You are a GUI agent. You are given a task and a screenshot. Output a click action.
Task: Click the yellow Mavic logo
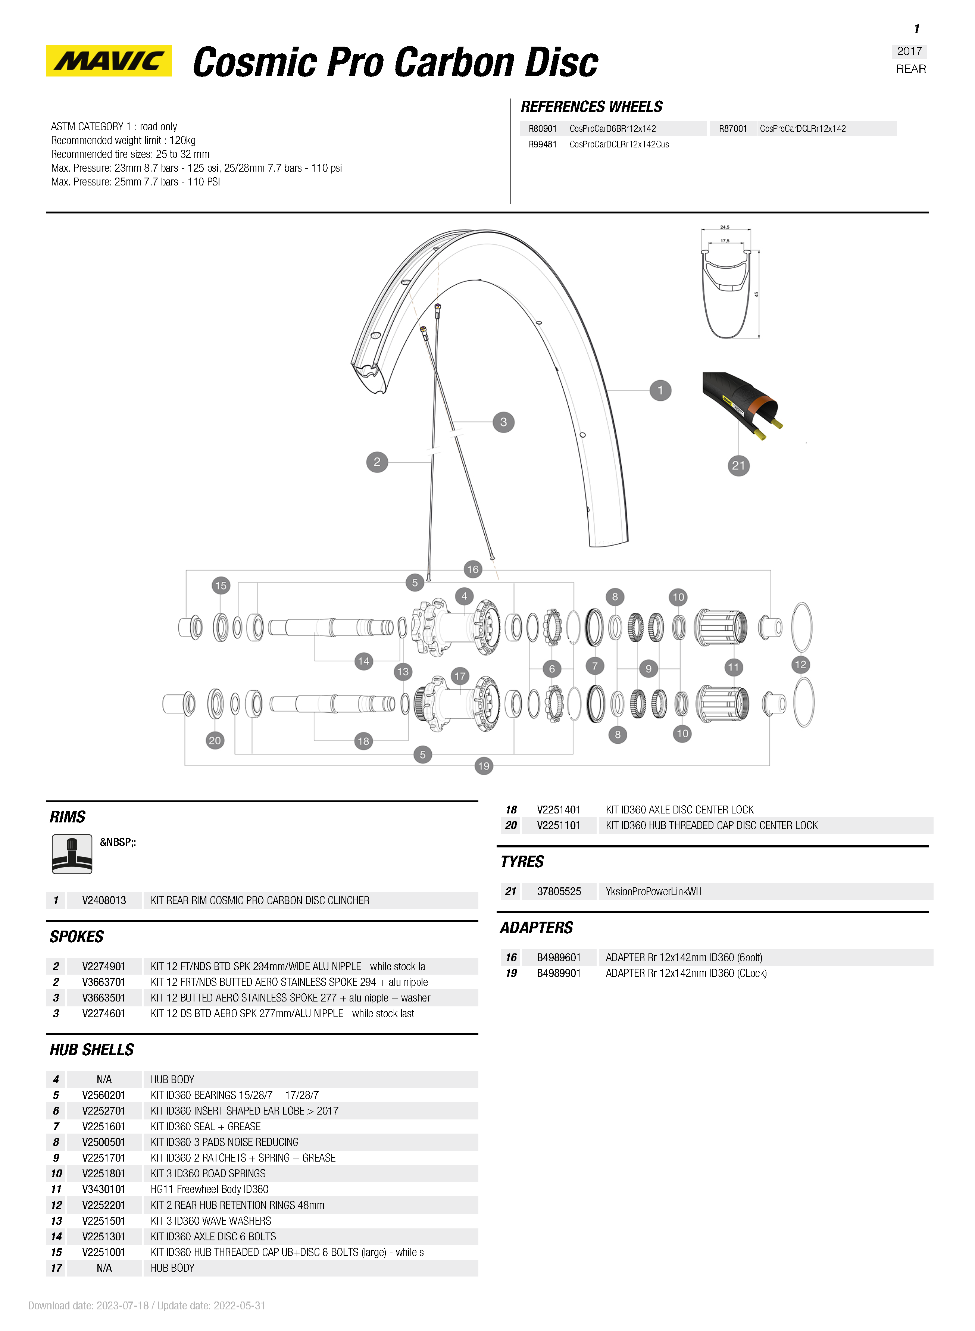pyautogui.click(x=109, y=61)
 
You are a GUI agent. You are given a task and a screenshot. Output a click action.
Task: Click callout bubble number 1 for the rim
pyautogui.click(x=660, y=390)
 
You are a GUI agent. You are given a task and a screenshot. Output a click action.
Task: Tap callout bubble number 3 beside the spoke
pyautogui.click(x=503, y=422)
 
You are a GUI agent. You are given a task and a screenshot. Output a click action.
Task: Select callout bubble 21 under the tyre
pyautogui.click(x=738, y=465)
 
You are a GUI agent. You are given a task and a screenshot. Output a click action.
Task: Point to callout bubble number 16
pyautogui.click(x=473, y=569)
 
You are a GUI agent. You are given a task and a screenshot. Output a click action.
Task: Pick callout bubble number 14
pyautogui.click(x=363, y=661)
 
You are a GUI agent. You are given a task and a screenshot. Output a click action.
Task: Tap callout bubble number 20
pyautogui.click(x=215, y=741)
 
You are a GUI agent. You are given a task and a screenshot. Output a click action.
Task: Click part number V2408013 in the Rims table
pyautogui.click(x=104, y=900)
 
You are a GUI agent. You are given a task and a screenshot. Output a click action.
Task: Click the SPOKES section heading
pyautogui.click(x=77, y=937)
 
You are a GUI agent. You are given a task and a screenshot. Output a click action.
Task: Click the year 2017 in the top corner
pyautogui.click(x=909, y=51)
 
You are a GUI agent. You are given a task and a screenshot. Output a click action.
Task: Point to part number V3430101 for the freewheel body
pyautogui.click(x=104, y=1189)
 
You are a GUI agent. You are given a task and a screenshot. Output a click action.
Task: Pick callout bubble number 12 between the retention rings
pyautogui.click(x=800, y=665)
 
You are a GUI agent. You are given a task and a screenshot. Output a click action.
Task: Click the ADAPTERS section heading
pyautogui.click(x=537, y=928)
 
